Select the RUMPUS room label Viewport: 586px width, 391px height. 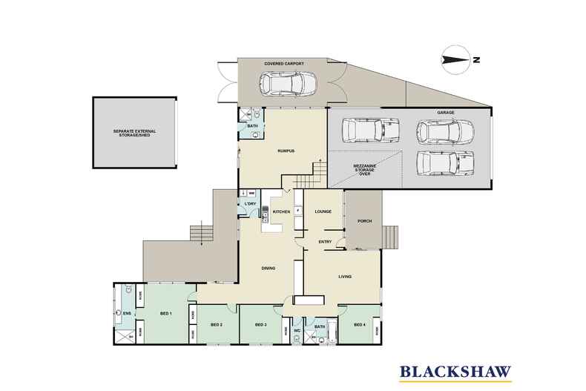266,151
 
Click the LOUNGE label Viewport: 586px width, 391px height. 323,212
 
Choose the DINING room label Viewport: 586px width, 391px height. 269,269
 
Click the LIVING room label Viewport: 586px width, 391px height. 345,277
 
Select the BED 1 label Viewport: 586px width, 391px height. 165,315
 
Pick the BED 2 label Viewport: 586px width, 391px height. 217,325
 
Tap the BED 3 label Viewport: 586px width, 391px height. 260,325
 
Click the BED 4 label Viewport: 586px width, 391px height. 359,325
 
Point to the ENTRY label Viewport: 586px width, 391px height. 325,242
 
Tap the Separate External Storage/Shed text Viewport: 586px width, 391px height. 137,134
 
